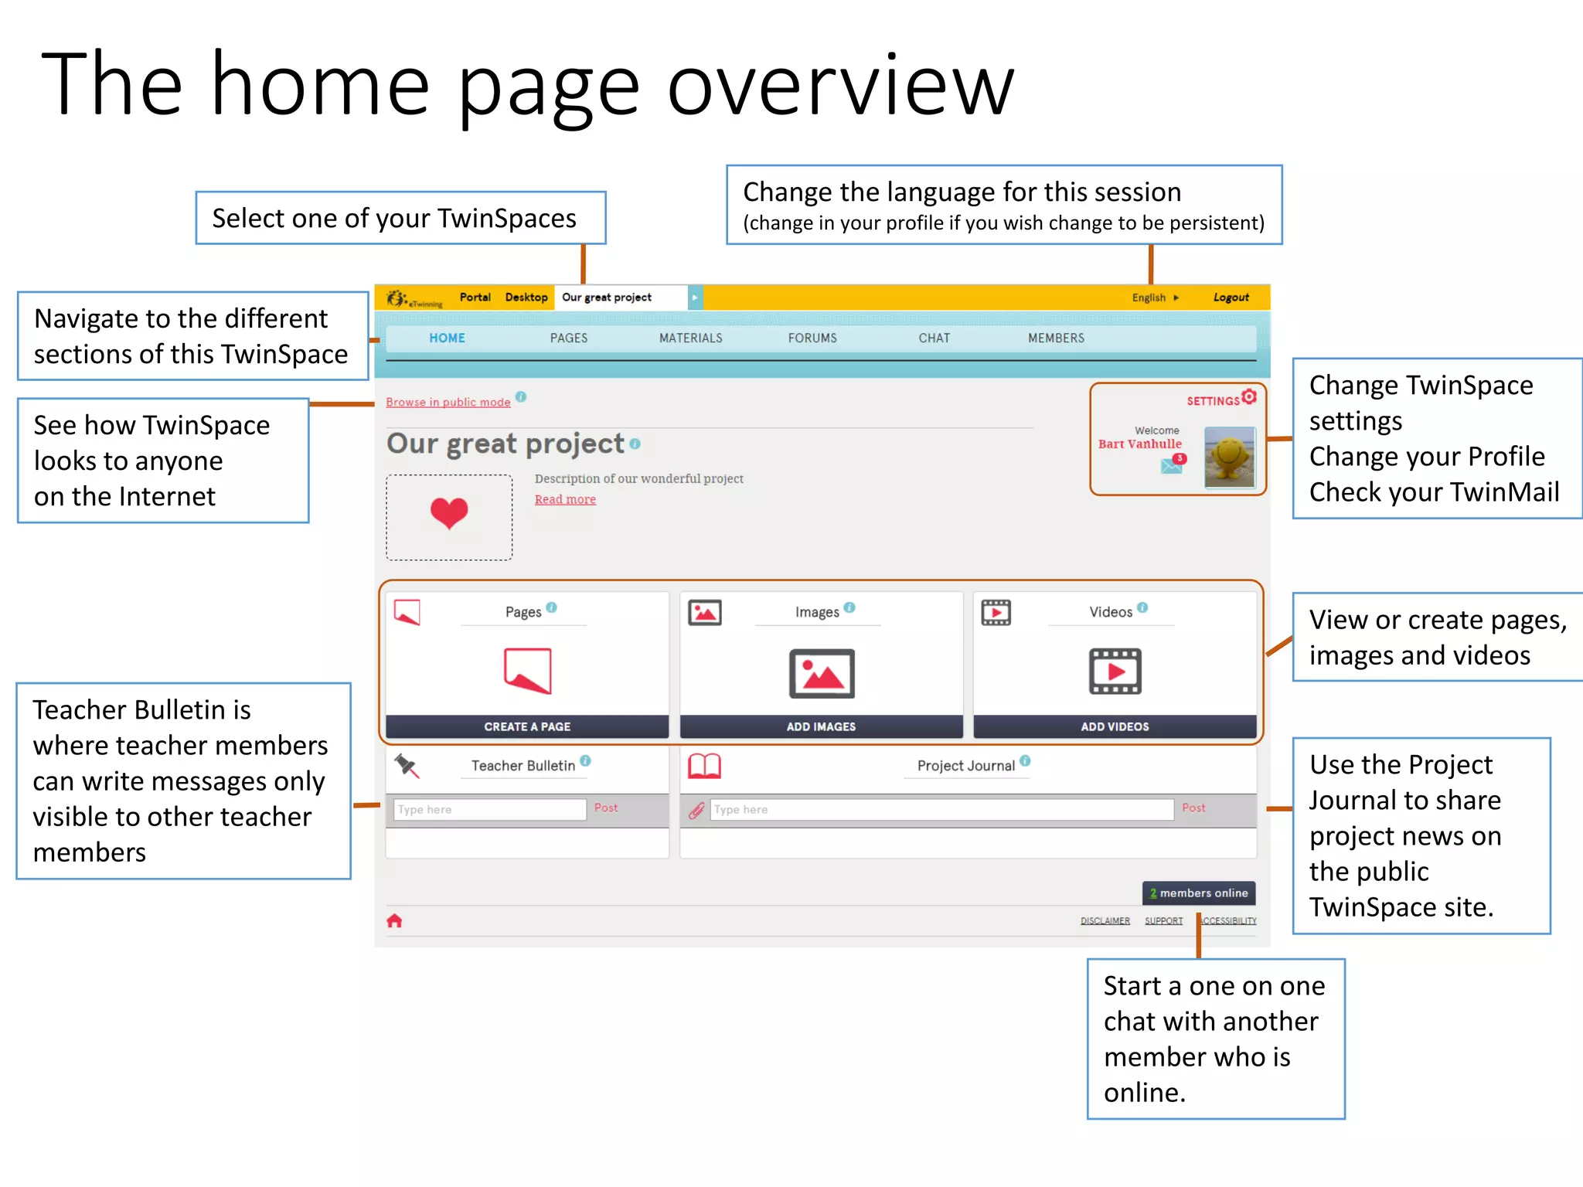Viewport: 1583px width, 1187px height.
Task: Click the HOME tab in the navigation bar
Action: (x=447, y=338)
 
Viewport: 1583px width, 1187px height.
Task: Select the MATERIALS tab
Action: (x=690, y=338)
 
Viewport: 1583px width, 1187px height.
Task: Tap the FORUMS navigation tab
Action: (x=812, y=338)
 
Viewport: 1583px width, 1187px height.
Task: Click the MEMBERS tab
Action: (x=1055, y=338)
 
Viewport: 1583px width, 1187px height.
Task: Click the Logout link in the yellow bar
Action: (x=1231, y=298)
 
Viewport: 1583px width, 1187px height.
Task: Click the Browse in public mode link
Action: (x=448, y=402)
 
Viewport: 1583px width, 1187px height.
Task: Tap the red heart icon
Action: (x=449, y=512)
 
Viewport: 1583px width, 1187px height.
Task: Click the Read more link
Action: (x=565, y=499)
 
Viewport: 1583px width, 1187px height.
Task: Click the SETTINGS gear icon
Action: (x=1249, y=397)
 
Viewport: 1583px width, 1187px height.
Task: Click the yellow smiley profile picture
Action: (x=1229, y=457)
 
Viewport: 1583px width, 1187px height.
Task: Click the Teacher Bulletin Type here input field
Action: (x=489, y=809)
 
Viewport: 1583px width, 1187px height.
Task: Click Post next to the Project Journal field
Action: (x=1193, y=808)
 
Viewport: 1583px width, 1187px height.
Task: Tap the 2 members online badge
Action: (x=1198, y=893)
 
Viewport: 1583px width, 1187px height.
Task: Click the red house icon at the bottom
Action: (x=394, y=920)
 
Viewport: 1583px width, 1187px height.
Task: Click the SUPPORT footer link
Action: (x=1163, y=920)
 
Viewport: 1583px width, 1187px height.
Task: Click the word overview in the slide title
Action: (x=840, y=85)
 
